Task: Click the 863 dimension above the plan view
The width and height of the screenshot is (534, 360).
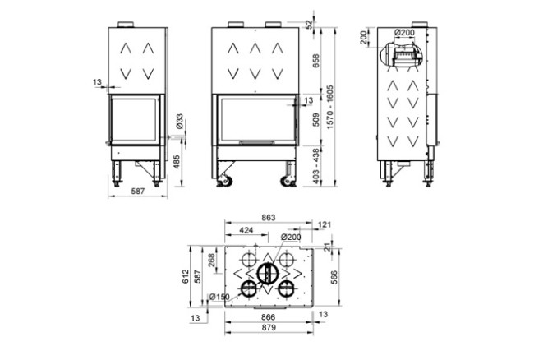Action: pyautogui.click(x=268, y=218)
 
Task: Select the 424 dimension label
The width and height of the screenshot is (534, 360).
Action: pyautogui.click(x=246, y=231)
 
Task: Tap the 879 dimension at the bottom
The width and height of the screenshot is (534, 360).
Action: pyautogui.click(x=268, y=327)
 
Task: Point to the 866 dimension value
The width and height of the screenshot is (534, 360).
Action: pyautogui.click(x=268, y=316)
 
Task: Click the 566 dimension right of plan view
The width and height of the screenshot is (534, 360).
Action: pyautogui.click(x=334, y=278)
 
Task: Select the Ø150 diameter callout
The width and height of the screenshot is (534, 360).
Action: pyautogui.click(x=219, y=297)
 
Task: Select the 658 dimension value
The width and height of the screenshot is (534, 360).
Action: pyautogui.click(x=316, y=61)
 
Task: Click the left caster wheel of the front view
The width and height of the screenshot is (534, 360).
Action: pyautogui.click(x=225, y=181)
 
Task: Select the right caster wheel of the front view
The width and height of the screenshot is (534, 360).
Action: pyautogui.click(x=288, y=181)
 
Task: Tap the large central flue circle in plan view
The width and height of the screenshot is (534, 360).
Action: pyautogui.click(x=267, y=272)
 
